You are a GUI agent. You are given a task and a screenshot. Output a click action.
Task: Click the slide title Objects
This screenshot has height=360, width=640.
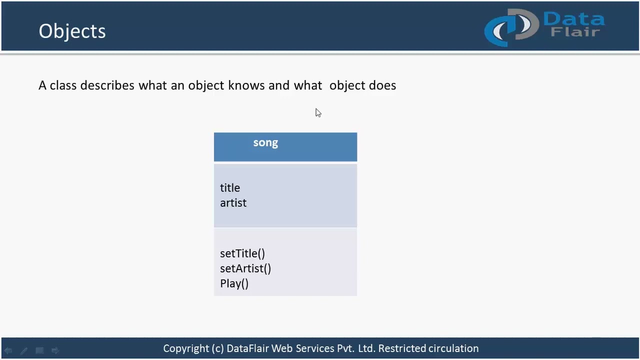pyautogui.click(x=72, y=31)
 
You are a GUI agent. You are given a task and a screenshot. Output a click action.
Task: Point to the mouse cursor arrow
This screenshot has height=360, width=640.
pyautogui.click(x=318, y=113)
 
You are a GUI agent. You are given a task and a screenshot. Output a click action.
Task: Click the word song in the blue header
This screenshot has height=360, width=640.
pyautogui.click(x=265, y=143)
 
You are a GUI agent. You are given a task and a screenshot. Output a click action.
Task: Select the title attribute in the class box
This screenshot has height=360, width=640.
pyautogui.click(x=230, y=188)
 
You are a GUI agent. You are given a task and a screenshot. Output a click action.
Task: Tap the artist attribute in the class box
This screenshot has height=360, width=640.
pyautogui.click(x=233, y=203)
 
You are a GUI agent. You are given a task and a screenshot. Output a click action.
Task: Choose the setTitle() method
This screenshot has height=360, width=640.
pyautogui.click(x=242, y=253)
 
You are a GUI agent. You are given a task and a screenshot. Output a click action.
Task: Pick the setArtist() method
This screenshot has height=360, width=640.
pyautogui.click(x=245, y=268)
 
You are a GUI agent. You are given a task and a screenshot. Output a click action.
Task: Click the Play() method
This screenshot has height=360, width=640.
pyautogui.click(x=234, y=283)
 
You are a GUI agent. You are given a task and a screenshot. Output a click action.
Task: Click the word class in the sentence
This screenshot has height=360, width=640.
pyautogui.click(x=63, y=85)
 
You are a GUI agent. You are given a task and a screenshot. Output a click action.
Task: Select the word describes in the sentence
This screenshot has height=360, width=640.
pyautogui.click(x=107, y=85)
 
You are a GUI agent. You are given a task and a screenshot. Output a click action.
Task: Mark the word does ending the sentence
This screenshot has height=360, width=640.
pyautogui.click(x=382, y=85)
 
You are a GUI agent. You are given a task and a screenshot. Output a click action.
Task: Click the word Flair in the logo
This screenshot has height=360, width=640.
pyautogui.click(x=575, y=32)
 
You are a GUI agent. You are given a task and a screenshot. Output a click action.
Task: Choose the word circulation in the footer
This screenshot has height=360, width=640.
pyautogui.click(x=453, y=348)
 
